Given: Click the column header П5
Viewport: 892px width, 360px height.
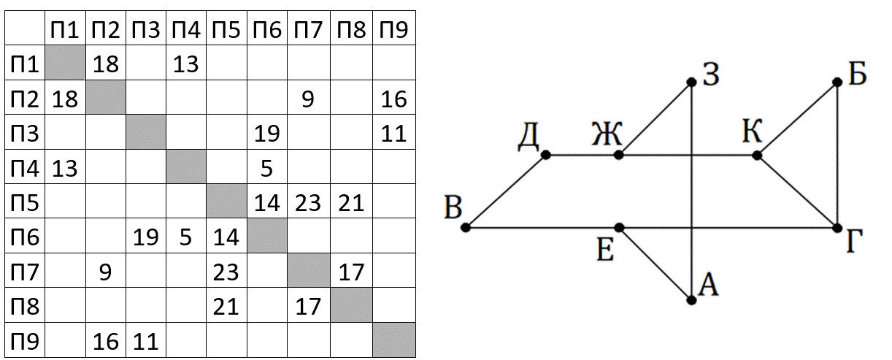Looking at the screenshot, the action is (226, 29).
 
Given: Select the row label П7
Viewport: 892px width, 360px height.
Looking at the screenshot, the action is (25, 272).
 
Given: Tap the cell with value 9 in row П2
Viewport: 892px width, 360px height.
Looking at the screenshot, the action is (308, 99).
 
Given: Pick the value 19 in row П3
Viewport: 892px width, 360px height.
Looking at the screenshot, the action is (267, 134).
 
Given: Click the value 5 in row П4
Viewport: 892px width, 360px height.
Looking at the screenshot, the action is (266, 168).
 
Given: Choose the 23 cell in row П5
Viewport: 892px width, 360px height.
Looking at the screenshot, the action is (308, 203).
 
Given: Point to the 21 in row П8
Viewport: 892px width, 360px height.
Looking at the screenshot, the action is (226, 307).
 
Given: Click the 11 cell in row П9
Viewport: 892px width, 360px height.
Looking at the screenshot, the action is (145, 342).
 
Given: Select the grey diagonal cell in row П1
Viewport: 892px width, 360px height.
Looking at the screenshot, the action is (65, 63).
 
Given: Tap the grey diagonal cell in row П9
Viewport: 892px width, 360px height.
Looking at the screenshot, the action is (394, 340).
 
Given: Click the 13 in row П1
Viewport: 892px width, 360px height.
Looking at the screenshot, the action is (185, 64).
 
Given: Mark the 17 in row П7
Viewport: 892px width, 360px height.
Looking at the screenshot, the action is (351, 272).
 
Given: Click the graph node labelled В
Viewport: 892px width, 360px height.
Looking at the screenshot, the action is (465, 227).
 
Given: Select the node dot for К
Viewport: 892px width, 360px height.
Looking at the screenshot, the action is (757, 155).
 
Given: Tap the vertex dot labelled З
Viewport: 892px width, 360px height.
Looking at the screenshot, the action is (692, 82).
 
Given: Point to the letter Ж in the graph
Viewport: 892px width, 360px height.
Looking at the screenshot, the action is (607, 134).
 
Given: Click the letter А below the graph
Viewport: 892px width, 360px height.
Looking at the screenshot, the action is (709, 285).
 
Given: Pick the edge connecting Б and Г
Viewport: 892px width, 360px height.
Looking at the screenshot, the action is (837, 155).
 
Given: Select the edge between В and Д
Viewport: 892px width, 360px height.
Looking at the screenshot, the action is (506, 191).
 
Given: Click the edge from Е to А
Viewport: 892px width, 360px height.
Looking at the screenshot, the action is (655, 264).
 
